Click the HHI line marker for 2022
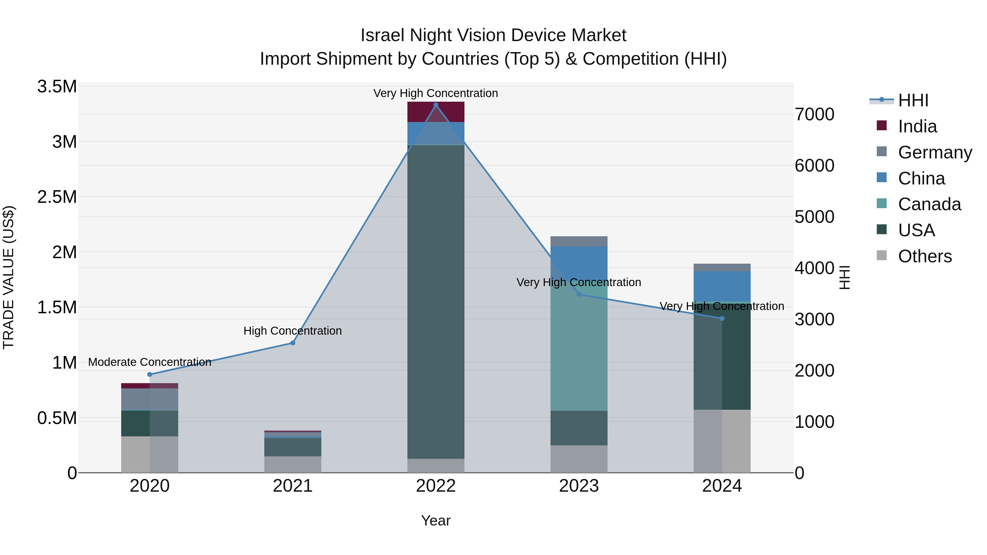click(x=436, y=105)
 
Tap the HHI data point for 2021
click(x=293, y=343)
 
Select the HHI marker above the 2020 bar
click(x=150, y=374)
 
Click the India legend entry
click(x=917, y=126)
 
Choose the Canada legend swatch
click(x=882, y=203)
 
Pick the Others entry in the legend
click(x=924, y=256)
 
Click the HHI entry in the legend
click(x=913, y=100)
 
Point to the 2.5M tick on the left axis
click(x=57, y=197)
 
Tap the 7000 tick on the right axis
click(x=815, y=115)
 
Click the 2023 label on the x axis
click(x=578, y=486)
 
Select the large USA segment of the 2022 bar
click(x=436, y=299)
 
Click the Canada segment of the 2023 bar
click(x=578, y=352)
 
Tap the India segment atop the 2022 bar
click(x=436, y=112)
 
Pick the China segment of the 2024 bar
click(x=722, y=286)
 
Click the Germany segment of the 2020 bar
click(x=150, y=399)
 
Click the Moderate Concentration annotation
click(x=150, y=362)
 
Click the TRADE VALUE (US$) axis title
click(x=8, y=277)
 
